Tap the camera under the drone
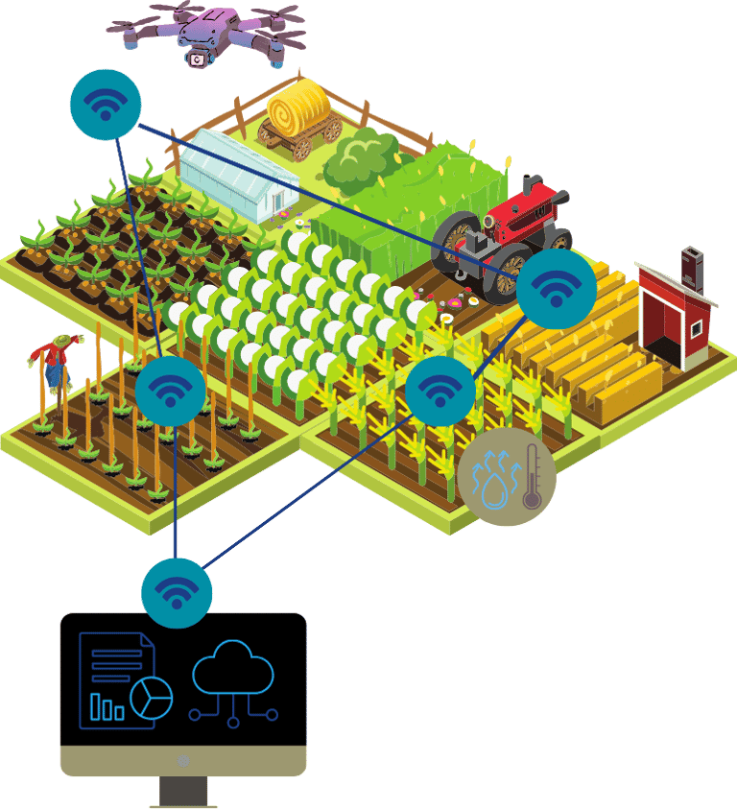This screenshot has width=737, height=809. click(198, 59)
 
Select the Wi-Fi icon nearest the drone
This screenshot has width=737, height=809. click(106, 105)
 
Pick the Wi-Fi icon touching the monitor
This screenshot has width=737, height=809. click(177, 591)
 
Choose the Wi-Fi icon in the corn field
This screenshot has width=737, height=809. click(440, 391)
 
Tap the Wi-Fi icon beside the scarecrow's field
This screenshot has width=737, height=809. click(170, 391)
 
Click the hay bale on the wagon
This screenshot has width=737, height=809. click(297, 104)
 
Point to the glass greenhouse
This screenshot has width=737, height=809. click(240, 174)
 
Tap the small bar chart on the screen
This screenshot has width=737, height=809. click(107, 707)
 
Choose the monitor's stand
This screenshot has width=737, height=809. click(183, 792)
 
